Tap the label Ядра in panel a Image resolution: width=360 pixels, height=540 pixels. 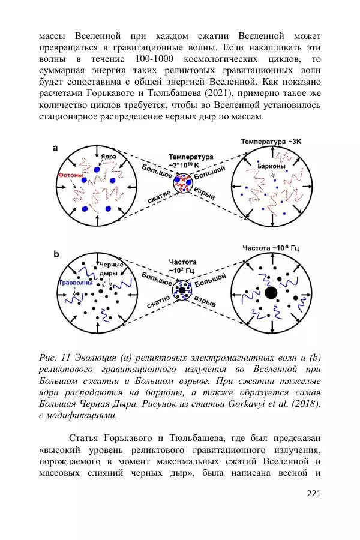(109, 157)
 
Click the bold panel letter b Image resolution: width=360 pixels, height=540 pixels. (56, 254)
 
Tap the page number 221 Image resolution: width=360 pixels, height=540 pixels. (313, 494)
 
